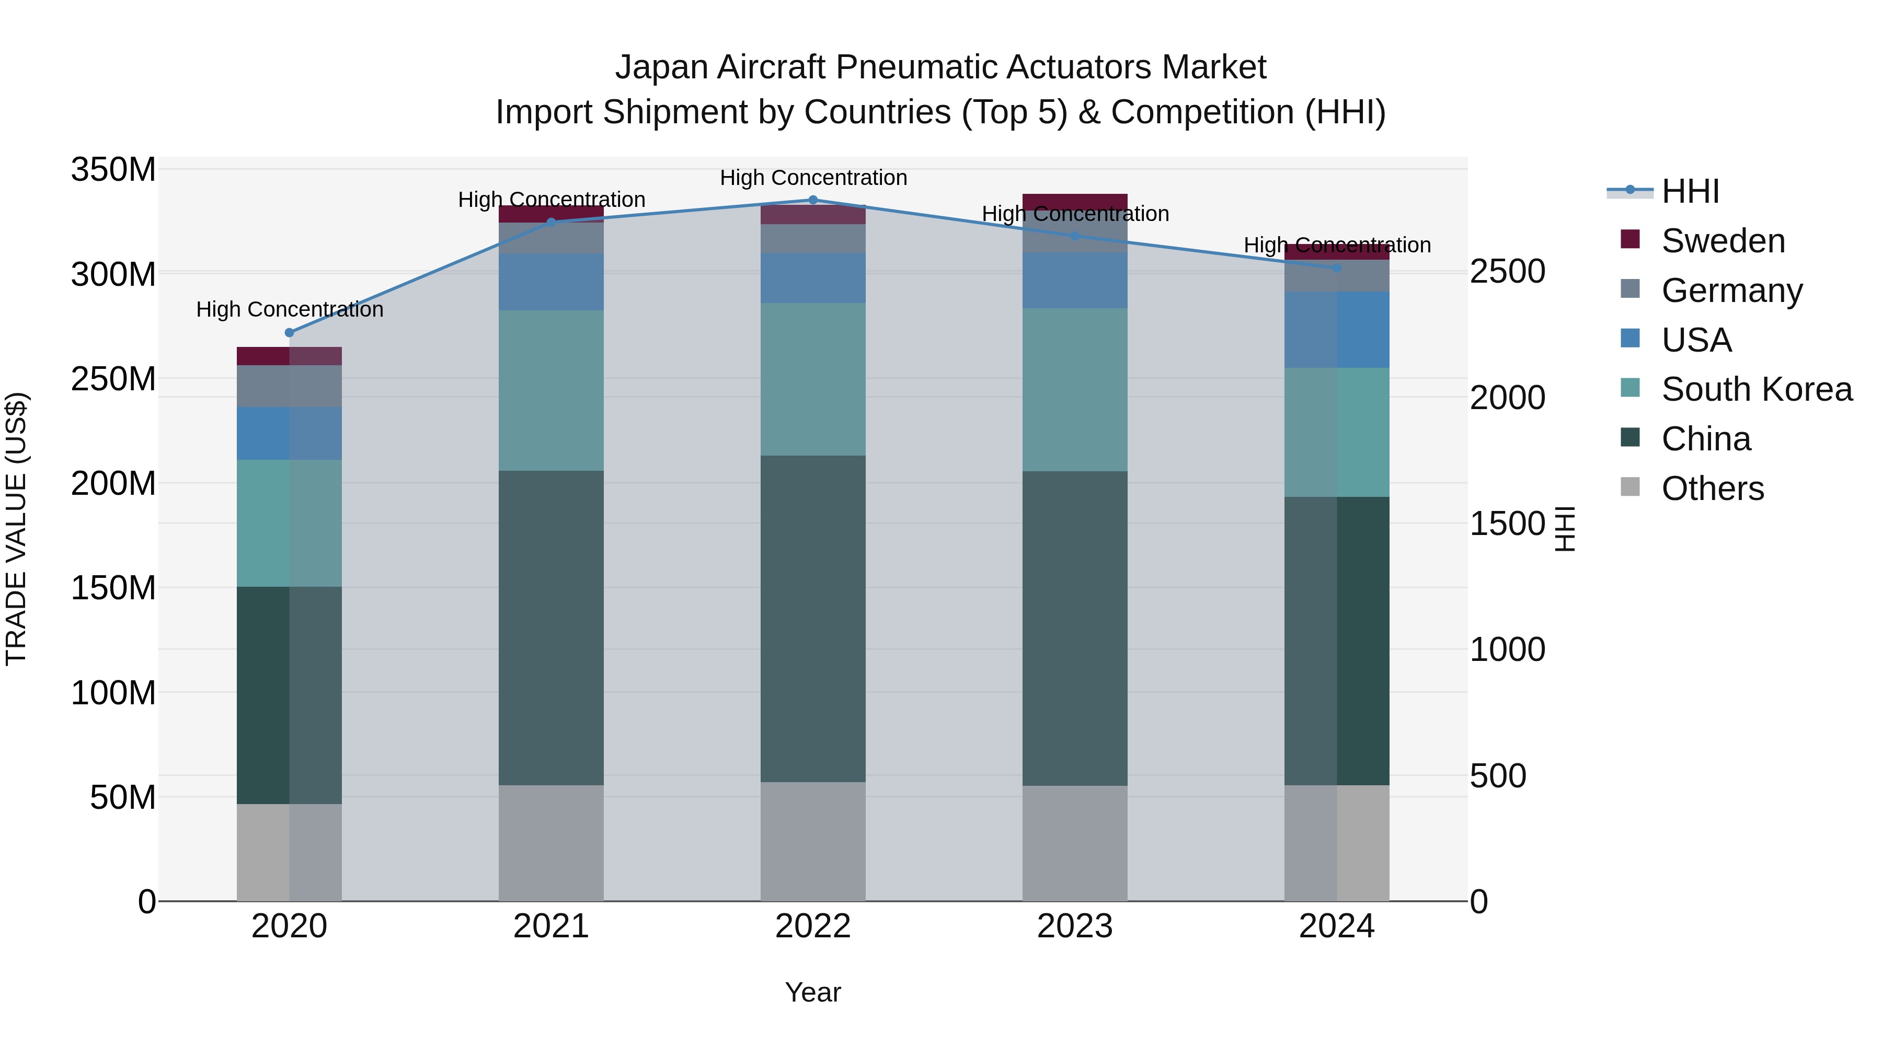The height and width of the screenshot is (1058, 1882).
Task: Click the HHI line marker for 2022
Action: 812,200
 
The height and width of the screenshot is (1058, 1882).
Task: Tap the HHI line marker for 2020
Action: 289,333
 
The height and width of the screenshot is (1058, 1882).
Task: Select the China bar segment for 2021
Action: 551,628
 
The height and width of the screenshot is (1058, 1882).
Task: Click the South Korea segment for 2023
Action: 1075,389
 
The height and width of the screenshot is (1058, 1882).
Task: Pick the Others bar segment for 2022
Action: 812,841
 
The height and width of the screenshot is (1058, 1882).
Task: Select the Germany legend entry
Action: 1731,290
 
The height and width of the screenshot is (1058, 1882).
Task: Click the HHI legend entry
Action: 1690,191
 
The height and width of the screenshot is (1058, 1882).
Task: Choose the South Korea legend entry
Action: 1757,389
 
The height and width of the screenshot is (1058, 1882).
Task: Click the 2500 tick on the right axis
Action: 1507,272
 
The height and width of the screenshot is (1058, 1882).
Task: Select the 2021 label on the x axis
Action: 551,926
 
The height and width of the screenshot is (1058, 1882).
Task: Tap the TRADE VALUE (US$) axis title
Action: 16,529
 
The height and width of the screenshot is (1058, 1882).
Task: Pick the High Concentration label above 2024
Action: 1337,246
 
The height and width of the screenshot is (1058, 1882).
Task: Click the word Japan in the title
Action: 661,67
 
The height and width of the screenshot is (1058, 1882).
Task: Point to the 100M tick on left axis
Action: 113,693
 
